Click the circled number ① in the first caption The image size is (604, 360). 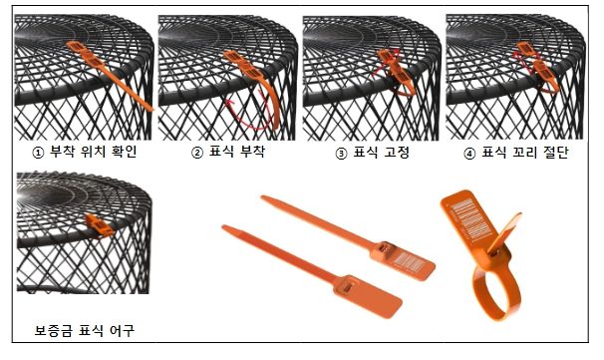pyautogui.click(x=37, y=153)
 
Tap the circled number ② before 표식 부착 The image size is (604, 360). pyautogui.click(x=196, y=153)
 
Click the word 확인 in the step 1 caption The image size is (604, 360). pyautogui.click(x=124, y=152)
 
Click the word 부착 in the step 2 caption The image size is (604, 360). pyautogui.click(x=253, y=152)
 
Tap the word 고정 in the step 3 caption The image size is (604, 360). pyautogui.click(x=397, y=153)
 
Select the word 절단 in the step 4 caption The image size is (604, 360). pyautogui.click(x=556, y=153)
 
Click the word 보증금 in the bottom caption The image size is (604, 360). pyautogui.click(x=53, y=331)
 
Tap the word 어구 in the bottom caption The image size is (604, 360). pyautogui.click(x=123, y=331)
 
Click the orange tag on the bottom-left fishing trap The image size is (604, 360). pyautogui.click(x=99, y=226)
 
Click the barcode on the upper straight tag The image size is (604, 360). pyautogui.click(x=409, y=263)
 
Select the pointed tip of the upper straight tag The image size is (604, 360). pyautogui.click(x=263, y=197)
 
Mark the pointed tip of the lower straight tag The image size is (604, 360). pyautogui.click(x=224, y=227)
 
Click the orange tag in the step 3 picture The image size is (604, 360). pyautogui.click(x=397, y=72)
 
